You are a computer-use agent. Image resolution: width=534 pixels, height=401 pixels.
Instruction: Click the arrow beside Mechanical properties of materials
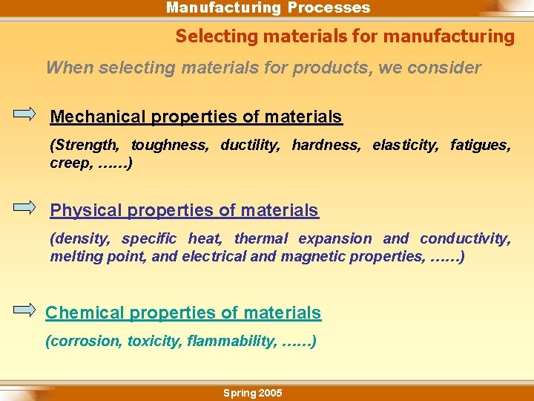point(24,114)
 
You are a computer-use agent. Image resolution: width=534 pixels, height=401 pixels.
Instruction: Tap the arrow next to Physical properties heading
point(24,207)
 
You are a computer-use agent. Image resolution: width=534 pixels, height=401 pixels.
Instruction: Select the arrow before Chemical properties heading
point(24,310)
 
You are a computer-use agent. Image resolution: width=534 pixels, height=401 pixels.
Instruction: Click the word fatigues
point(481,145)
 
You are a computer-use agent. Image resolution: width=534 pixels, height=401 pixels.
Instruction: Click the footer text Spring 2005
point(252,393)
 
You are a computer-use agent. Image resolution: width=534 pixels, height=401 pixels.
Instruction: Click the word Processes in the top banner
point(329,7)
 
